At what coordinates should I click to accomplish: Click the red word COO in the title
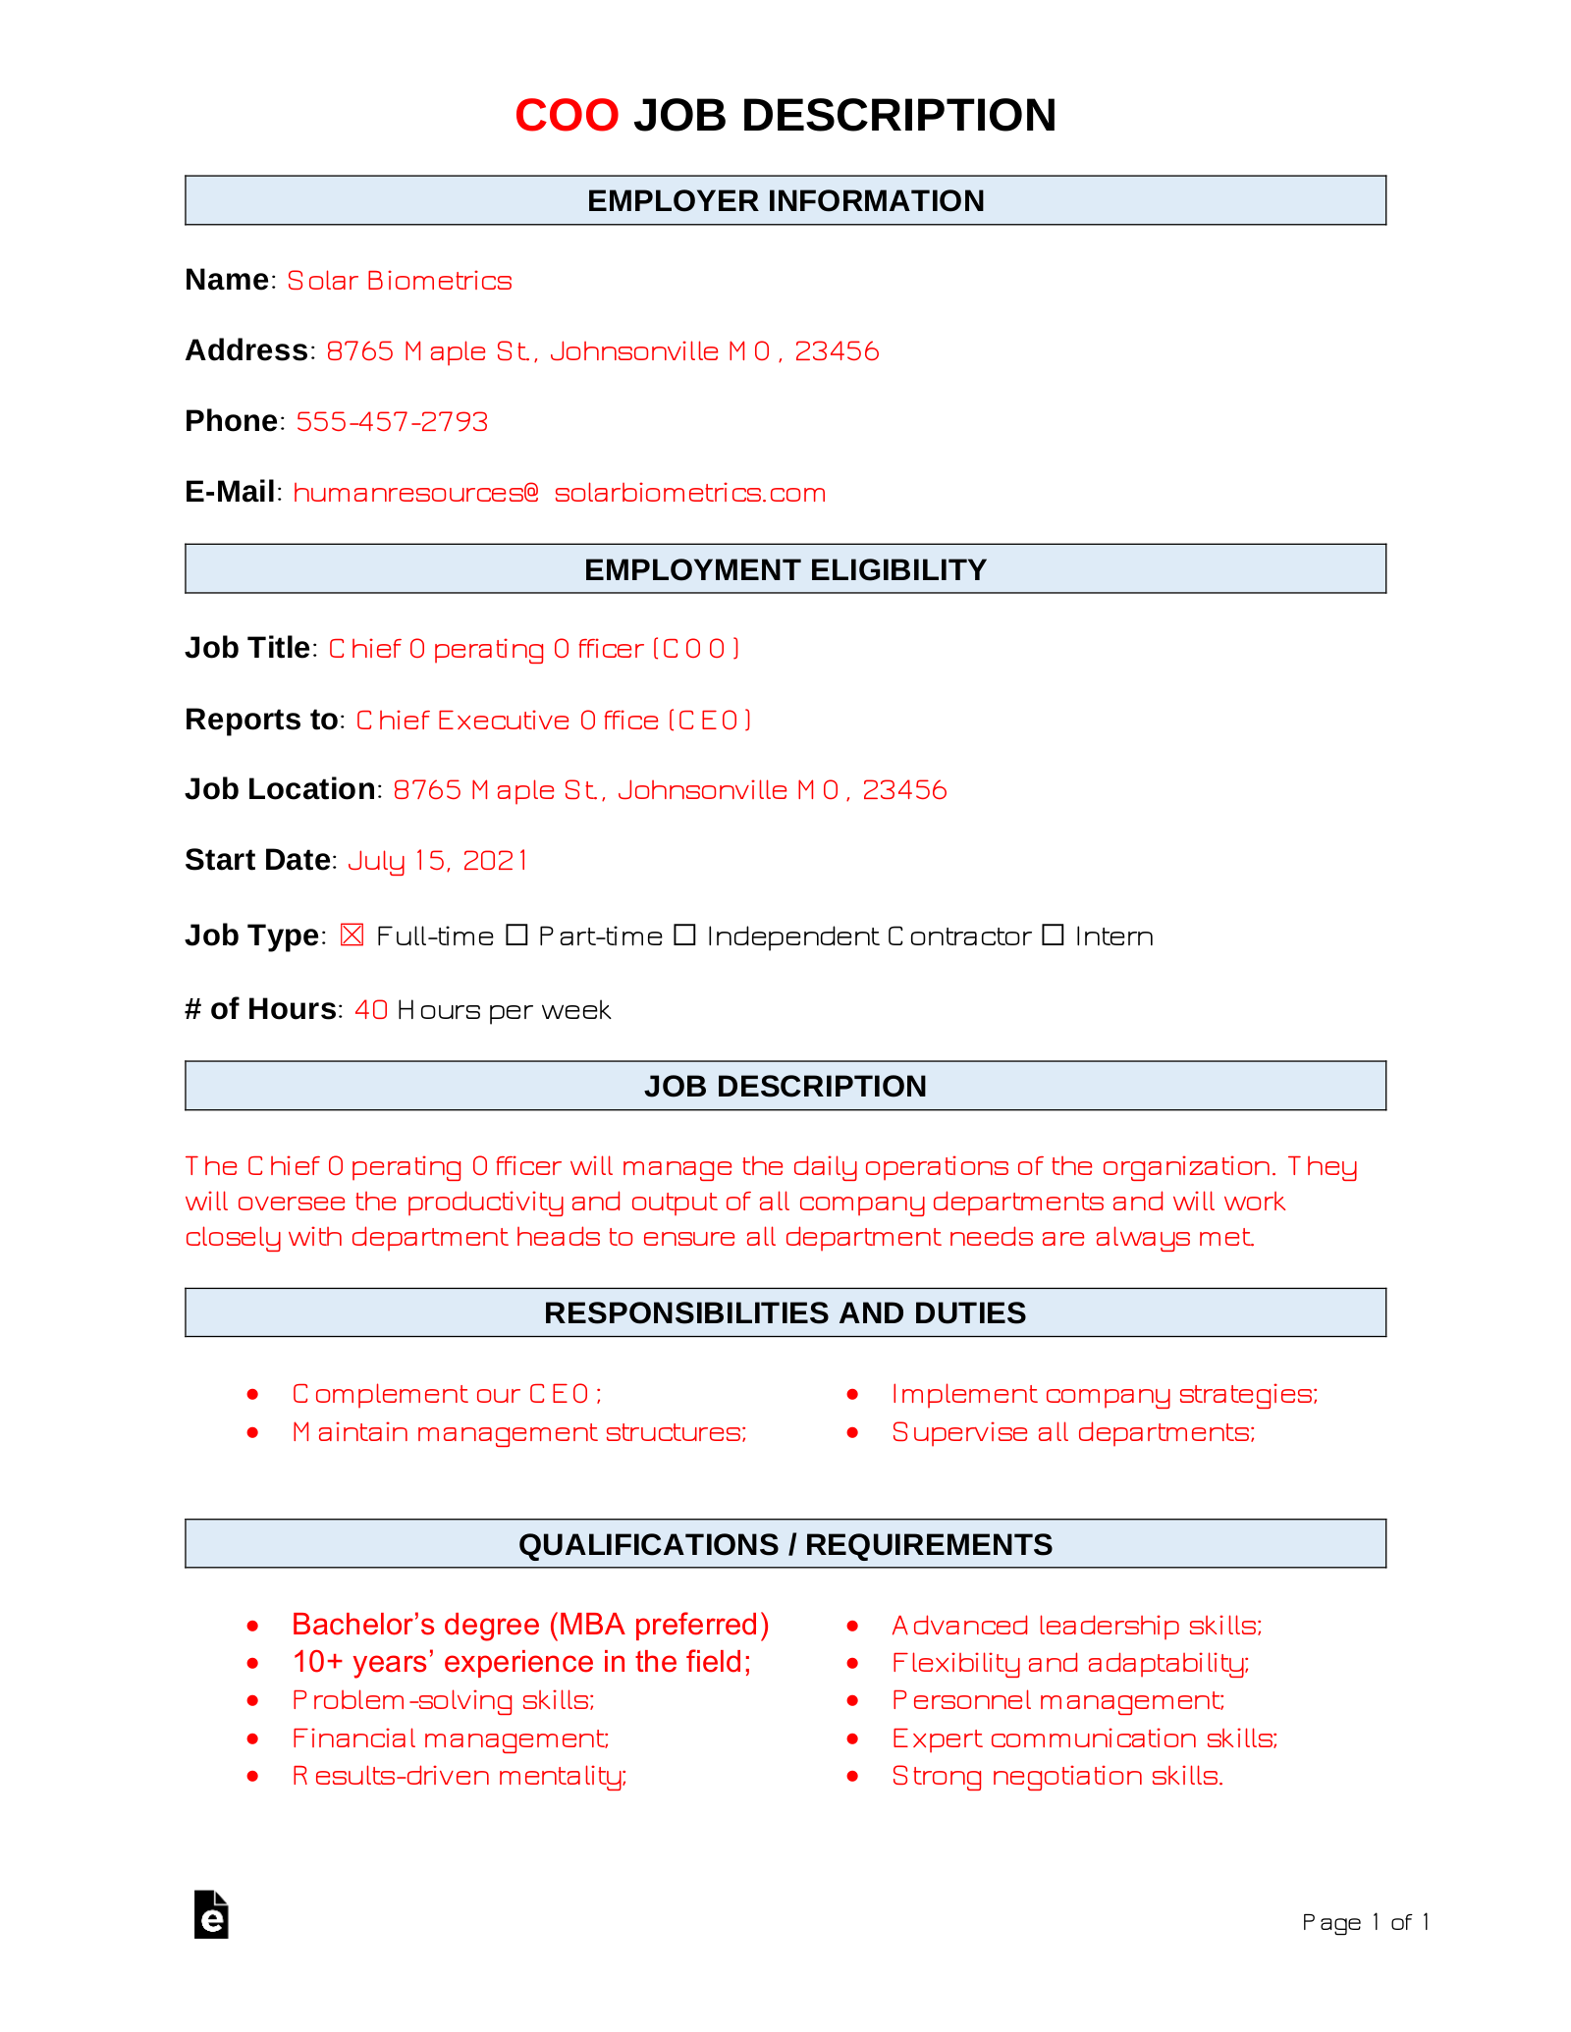pos(567,116)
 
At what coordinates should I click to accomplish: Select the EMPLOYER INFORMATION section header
pos(785,201)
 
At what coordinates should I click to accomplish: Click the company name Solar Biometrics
pos(399,281)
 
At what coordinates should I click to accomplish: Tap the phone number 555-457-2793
pos(392,421)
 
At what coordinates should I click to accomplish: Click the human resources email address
pos(559,493)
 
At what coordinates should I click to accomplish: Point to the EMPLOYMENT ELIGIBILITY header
pos(785,569)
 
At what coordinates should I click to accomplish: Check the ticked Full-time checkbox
pos(352,935)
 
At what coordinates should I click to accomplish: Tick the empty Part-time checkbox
pos(516,935)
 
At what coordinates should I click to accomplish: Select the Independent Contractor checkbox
pos(684,935)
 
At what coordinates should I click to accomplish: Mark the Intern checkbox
pos(1053,935)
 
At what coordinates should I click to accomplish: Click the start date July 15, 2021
pos(438,861)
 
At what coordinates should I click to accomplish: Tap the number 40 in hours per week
pos(371,1010)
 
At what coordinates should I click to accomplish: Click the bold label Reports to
pos(261,720)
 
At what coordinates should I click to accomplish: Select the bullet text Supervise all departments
pos(1073,1432)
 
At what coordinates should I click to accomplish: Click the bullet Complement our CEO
pos(447,1394)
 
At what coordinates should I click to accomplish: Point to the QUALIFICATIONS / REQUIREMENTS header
pos(785,1544)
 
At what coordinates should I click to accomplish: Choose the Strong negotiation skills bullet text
pos(1057,1776)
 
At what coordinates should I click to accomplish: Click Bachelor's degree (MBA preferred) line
pos(530,1625)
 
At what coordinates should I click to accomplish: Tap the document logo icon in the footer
pos(211,1914)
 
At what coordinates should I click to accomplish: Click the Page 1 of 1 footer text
pos(1365,1922)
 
